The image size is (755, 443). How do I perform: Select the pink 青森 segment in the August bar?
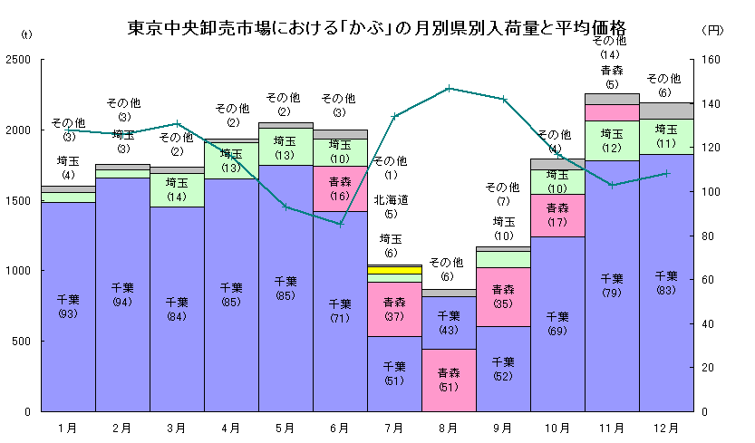449,380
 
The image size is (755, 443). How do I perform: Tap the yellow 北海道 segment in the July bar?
394,269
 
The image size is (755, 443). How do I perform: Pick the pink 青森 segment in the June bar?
340,188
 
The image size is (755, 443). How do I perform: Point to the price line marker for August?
449,89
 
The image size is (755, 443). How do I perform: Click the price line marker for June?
340,224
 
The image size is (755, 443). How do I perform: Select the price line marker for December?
666,173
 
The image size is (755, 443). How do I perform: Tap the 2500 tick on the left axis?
18,60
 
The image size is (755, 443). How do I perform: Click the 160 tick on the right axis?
710,60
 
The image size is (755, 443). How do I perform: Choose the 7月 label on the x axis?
394,427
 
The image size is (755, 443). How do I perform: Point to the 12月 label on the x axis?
666,427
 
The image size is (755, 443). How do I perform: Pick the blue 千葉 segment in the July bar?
394,373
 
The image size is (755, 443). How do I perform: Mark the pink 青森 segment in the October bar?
557,215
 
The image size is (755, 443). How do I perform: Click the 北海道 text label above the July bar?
391,200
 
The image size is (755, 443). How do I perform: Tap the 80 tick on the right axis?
707,236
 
